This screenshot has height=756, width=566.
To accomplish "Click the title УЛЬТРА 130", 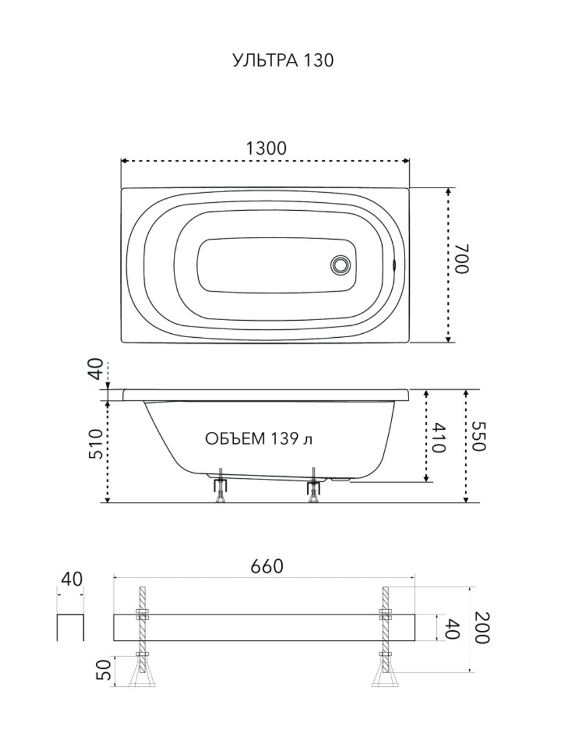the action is click(283, 61).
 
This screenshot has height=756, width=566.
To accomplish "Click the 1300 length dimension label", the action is click(266, 148).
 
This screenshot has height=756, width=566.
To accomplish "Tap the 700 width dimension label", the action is click(461, 258).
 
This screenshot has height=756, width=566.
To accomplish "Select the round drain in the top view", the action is click(341, 265).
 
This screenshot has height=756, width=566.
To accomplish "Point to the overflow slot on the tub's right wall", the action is click(395, 265).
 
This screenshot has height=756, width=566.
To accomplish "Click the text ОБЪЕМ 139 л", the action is click(259, 439).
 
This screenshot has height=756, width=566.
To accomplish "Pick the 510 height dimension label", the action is click(96, 444).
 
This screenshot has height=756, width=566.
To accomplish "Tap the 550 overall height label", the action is click(478, 436).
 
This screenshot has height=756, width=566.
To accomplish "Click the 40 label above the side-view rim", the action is click(96, 369).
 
